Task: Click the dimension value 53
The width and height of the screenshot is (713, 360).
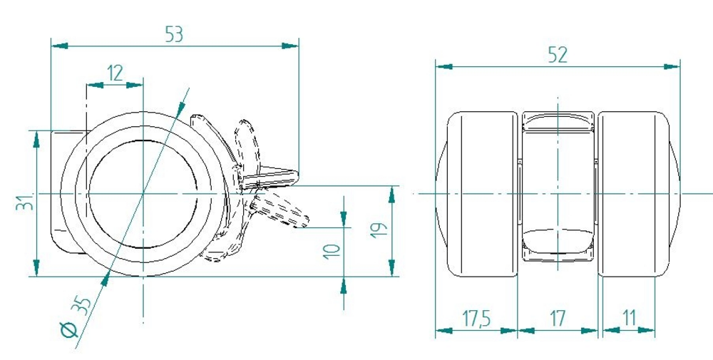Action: click(x=174, y=34)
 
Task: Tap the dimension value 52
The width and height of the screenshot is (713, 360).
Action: click(x=558, y=55)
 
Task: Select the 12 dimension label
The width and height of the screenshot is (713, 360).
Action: click(x=115, y=73)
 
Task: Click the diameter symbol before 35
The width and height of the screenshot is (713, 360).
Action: click(x=70, y=329)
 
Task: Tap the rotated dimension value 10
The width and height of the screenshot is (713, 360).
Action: click(x=332, y=252)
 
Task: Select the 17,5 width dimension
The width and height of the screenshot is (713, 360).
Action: click(x=476, y=319)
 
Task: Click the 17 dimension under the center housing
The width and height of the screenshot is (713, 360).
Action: click(x=557, y=319)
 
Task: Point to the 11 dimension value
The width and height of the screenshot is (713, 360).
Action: click(x=630, y=319)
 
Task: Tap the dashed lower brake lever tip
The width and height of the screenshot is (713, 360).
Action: click(x=305, y=222)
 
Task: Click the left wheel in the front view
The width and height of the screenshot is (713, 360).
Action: click(x=477, y=194)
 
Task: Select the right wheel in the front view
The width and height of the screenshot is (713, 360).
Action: click(x=639, y=194)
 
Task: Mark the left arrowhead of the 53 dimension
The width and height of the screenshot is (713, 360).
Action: click(x=60, y=46)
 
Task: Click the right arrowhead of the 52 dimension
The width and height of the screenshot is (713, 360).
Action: click(x=672, y=67)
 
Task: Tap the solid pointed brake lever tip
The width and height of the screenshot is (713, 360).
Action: click(x=296, y=175)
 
